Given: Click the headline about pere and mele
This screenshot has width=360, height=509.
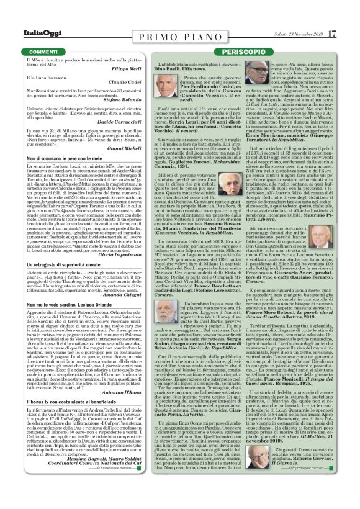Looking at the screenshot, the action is [69, 160].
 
